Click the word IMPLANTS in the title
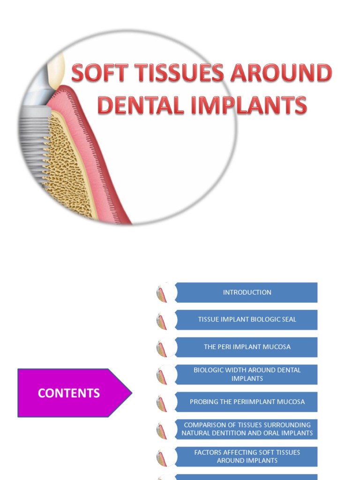click(x=243, y=105)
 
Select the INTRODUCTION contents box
click(x=247, y=292)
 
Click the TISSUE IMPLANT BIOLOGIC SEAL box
click(x=247, y=320)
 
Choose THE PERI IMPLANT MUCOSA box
click(x=247, y=347)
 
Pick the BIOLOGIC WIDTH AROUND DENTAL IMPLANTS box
click(x=247, y=374)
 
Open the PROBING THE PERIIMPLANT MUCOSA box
click(x=247, y=402)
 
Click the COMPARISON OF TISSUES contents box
click(x=247, y=429)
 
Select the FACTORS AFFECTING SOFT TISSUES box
click(x=247, y=456)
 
